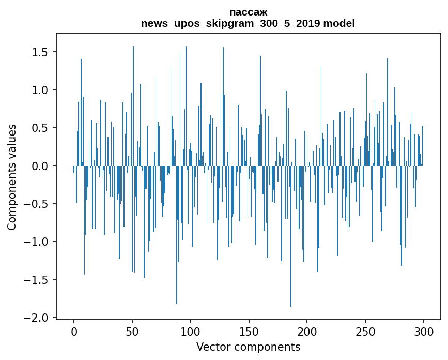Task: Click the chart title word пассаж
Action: coord(248,12)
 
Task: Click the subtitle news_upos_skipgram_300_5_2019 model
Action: coord(248,23)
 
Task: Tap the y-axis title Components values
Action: coord(11,177)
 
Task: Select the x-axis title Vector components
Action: coord(248,347)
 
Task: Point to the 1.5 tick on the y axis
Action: coord(40,52)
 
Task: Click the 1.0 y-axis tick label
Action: coord(40,90)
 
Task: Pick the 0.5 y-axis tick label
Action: coord(40,128)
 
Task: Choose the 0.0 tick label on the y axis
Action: coord(40,166)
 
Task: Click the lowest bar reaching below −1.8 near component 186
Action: coord(291,259)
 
